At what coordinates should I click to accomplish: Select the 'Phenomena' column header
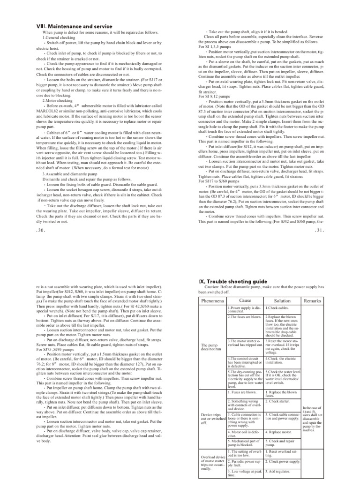[212, 300]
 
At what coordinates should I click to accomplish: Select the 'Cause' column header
[245, 300]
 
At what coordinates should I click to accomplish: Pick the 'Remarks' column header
[312, 300]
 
